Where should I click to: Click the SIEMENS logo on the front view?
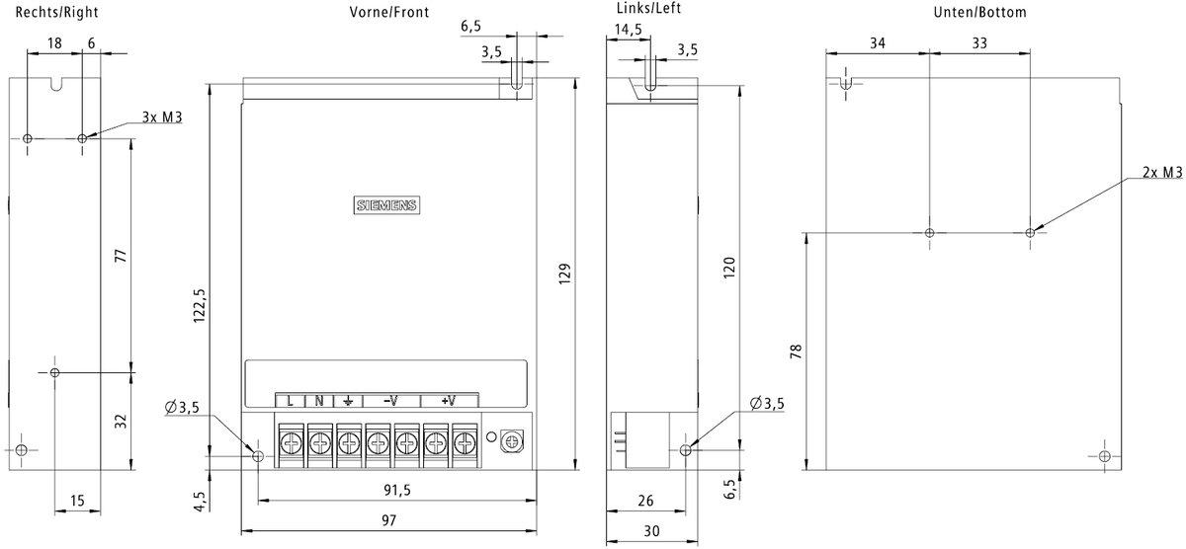coord(386,205)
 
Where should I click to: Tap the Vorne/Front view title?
coord(388,13)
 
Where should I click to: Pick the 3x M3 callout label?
coord(162,118)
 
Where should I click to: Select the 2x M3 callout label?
coord(1162,173)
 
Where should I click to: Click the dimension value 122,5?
coord(200,306)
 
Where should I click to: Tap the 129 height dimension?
coord(564,272)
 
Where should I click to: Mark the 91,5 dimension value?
coord(394,489)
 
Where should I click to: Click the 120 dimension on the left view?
coord(730,266)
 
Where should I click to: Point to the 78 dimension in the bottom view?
coord(796,351)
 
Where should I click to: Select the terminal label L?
coord(291,401)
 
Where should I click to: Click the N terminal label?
coord(319,401)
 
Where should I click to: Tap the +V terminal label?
coord(449,401)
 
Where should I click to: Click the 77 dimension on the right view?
coord(121,255)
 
